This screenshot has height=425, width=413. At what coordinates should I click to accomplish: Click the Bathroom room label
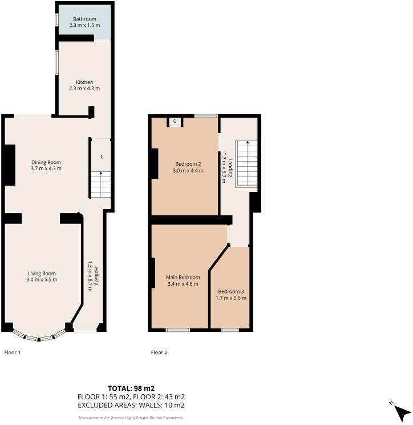click(84, 19)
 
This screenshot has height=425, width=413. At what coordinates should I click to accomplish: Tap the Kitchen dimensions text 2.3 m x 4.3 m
click(84, 89)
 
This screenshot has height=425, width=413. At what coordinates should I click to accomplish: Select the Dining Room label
click(46, 162)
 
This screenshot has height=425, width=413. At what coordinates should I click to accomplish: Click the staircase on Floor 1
click(100, 185)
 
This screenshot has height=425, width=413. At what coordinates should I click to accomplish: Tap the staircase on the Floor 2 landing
click(247, 163)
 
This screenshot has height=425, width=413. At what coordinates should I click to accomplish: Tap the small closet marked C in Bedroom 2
click(175, 121)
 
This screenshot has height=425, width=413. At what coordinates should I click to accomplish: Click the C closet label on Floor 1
click(102, 157)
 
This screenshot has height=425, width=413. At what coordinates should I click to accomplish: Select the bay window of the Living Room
click(39, 337)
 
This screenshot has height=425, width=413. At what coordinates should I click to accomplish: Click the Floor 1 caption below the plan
click(13, 352)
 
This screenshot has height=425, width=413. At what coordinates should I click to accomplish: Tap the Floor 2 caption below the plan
click(159, 352)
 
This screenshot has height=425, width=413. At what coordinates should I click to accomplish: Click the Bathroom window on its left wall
click(56, 19)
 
